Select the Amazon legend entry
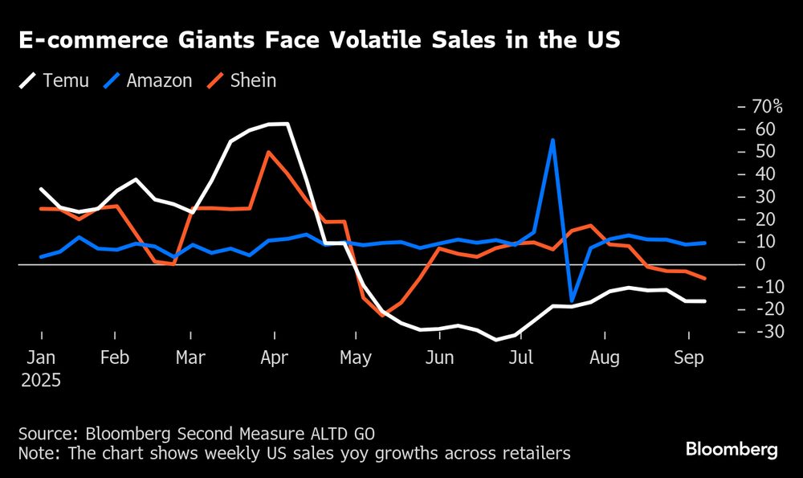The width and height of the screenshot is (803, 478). pos(159,80)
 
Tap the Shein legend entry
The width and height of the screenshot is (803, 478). pos(253,80)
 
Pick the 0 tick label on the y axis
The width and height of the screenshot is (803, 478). pos(759,264)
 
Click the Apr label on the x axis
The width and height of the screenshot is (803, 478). pos(275,357)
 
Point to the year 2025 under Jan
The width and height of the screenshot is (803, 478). pos(41,378)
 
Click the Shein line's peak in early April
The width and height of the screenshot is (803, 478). pos(268,152)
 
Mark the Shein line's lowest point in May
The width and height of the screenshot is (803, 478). pos(382,316)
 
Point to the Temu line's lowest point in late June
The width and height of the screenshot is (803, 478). pos(495,340)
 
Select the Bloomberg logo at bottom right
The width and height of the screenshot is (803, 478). pos(732,450)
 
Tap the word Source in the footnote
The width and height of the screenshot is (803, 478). pos(45,433)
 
